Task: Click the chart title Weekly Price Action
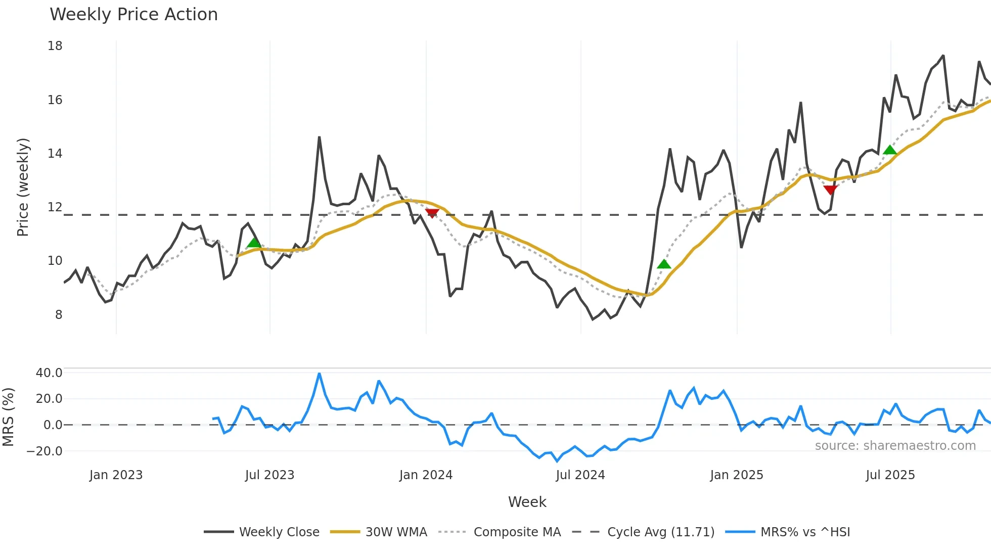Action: tap(133, 15)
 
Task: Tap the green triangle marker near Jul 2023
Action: tap(254, 243)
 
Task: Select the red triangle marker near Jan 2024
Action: tap(432, 213)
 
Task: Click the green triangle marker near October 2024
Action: tap(664, 264)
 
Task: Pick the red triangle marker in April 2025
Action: tap(830, 190)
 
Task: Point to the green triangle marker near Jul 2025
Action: tap(890, 150)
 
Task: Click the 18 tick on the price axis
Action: tap(55, 46)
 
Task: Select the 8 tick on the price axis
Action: tap(59, 315)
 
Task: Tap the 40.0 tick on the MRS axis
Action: tap(49, 373)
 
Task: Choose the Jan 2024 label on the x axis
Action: tap(426, 475)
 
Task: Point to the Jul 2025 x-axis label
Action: tap(890, 475)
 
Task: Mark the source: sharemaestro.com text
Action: tap(895, 446)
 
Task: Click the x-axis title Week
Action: tap(527, 502)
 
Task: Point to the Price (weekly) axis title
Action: tap(23, 187)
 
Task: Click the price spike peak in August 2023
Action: tap(319, 137)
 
